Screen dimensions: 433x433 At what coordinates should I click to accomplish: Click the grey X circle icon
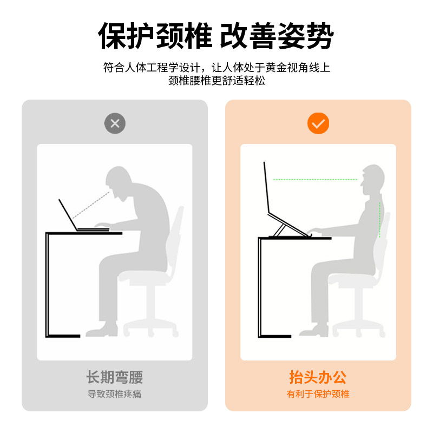point(115,123)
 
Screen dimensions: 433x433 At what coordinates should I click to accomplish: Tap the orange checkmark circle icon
point(318,123)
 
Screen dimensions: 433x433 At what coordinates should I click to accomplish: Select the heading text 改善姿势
point(277,37)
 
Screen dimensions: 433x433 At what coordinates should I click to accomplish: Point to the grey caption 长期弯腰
point(115,377)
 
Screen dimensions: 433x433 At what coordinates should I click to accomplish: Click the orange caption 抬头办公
point(318,377)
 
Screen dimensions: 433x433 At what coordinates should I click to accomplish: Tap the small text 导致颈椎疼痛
point(115,394)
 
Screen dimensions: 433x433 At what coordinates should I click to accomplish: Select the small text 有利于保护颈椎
point(318,394)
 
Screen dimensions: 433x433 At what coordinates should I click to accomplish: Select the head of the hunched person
point(120,181)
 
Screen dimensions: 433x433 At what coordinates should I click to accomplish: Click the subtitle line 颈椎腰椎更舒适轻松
point(216,81)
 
